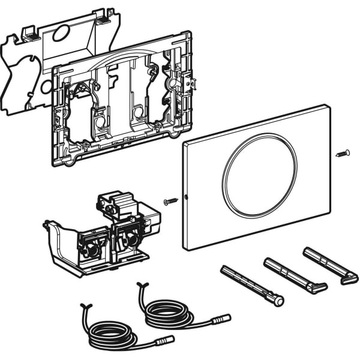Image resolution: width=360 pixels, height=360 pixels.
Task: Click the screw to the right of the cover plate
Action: (x=343, y=153)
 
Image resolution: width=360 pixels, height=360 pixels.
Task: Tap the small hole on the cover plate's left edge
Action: (x=187, y=196)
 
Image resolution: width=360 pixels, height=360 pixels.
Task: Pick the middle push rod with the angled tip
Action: (x=295, y=274)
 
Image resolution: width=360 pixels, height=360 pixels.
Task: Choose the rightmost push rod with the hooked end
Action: (x=331, y=263)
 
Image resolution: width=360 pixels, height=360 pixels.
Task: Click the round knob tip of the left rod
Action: (x=278, y=301)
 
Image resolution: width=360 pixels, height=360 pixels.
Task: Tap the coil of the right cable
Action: (x=169, y=313)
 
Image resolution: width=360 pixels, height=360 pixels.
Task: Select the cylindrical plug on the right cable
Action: (x=223, y=317)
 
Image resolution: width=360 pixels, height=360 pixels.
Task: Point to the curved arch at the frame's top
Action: (x=114, y=61)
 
